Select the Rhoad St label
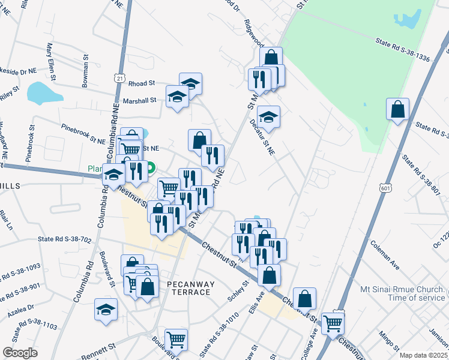pos(142,83)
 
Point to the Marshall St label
pos(140,101)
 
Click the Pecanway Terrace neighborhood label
pos(188,287)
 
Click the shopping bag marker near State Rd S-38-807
pos(397,110)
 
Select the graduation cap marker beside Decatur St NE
pos(268,116)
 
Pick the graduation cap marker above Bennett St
pos(106,310)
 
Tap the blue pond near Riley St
pos(43,93)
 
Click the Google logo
pos(19,353)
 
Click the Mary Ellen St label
pos(51,61)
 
